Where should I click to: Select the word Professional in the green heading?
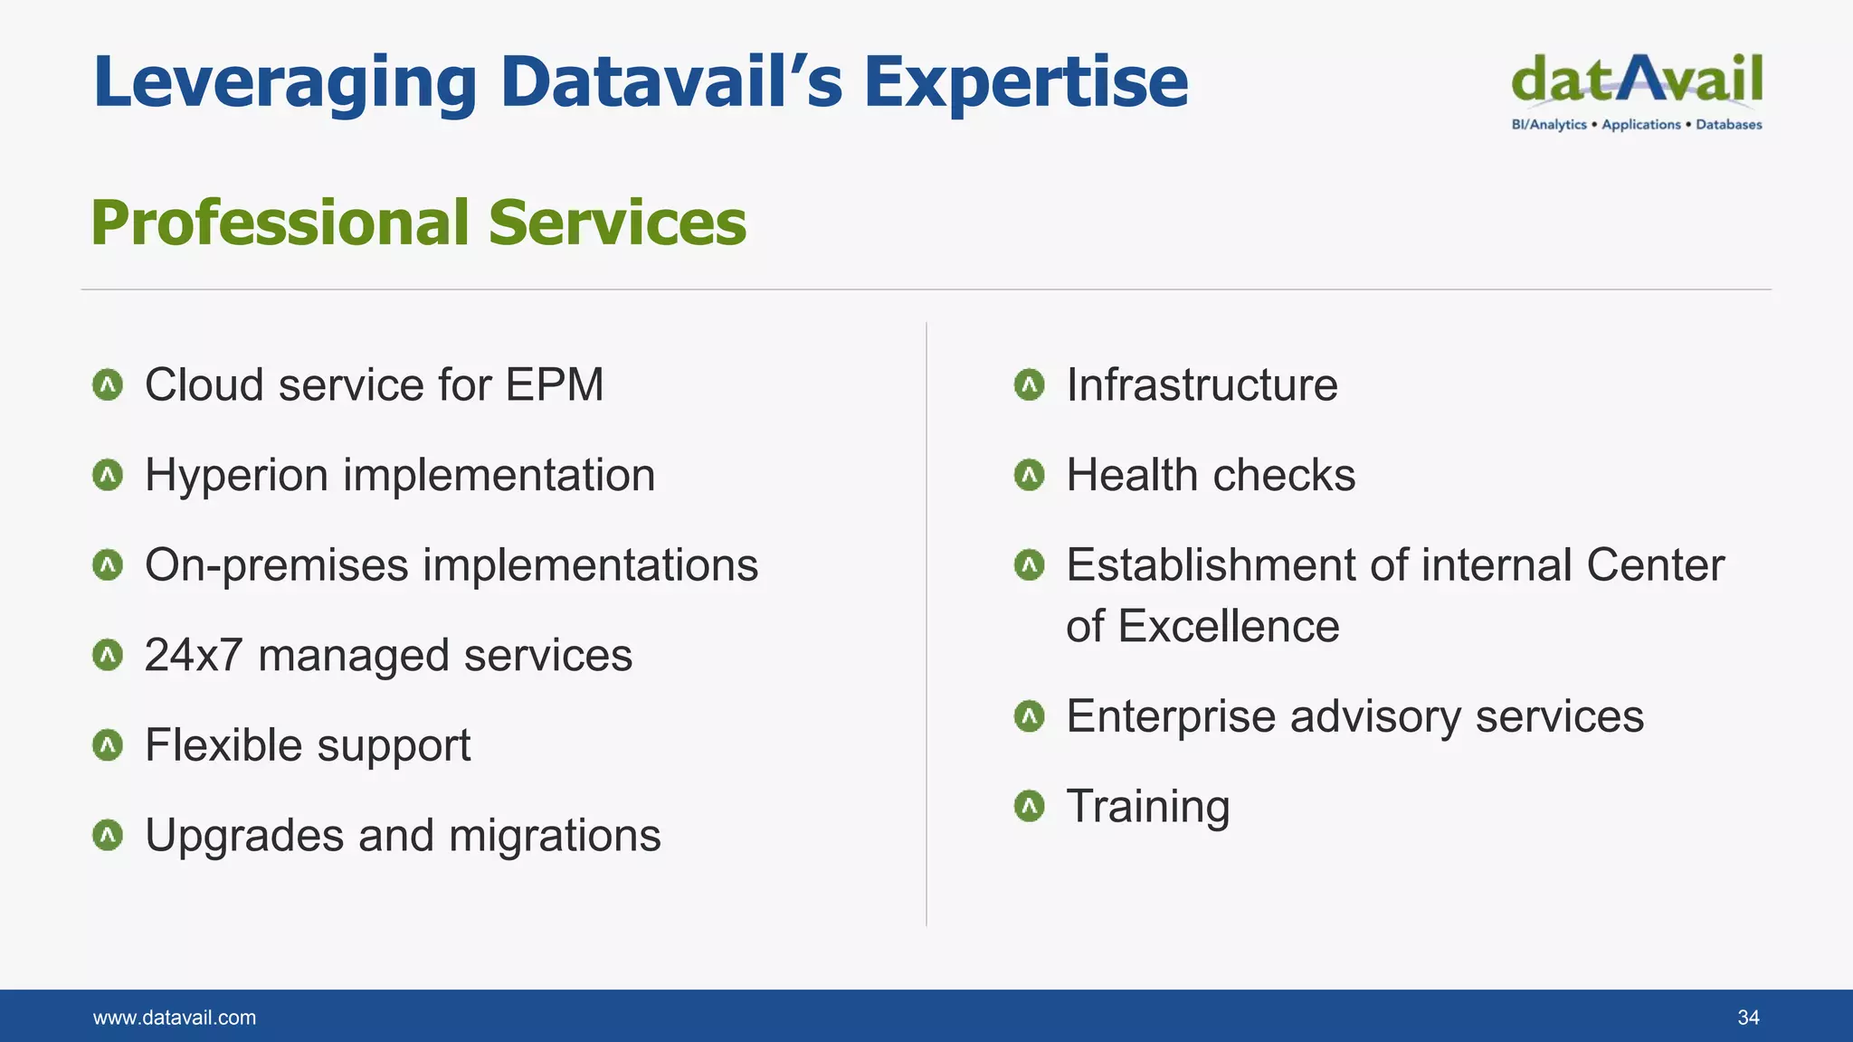(x=280, y=223)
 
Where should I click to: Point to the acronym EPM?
(x=554, y=384)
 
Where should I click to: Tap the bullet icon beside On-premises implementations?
(x=108, y=565)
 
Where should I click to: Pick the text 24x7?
(x=194, y=655)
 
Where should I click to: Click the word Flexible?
(x=223, y=745)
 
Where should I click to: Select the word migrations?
(x=555, y=836)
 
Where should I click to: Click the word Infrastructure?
(x=1202, y=384)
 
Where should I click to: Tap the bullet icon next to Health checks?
(x=1030, y=475)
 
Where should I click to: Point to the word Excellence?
(x=1229, y=626)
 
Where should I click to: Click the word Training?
(x=1147, y=806)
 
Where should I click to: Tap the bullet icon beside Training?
(x=1030, y=806)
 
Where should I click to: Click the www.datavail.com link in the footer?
(x=175, y=1018)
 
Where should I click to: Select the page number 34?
(x=1748, y=1018)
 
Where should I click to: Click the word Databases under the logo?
(x=1728, y=125)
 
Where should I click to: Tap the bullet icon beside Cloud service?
(x=108, y=385)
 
